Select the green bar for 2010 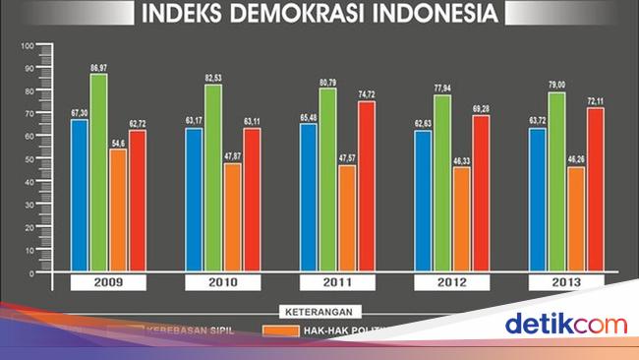pos(213,177)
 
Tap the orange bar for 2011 pos(347,217)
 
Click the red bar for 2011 pos(366,186)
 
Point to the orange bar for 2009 pos(118,210)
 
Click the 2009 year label pos(107,283)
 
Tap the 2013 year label pos(566,283)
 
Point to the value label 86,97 pos(98,67)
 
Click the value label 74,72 pos(367,94)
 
